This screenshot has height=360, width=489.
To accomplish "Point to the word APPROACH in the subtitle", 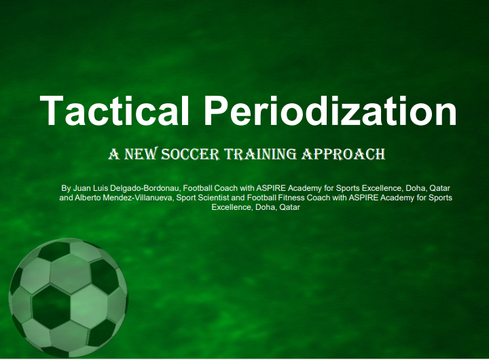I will [x=344, y=154].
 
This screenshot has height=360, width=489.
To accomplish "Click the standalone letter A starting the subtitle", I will [x=113, y=154].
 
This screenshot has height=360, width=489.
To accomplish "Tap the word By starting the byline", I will [x=66, y=187].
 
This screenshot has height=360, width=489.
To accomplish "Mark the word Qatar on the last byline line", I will [x=289, y=207].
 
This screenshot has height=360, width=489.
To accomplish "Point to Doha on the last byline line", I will [x=264, y=207].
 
